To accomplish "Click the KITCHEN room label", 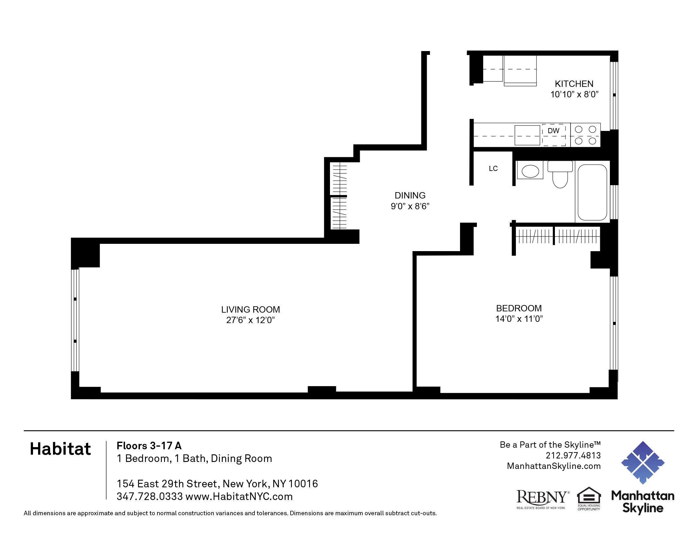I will (x=574, y=84).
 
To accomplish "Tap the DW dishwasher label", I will (x=553, y=131).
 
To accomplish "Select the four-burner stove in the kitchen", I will (x=585, y=135).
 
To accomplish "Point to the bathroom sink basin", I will (x=530, y=171).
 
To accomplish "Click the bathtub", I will (x=592, y=192).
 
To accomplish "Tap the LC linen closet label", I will (x=493, y=169).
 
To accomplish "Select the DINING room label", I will (x=410, y=195).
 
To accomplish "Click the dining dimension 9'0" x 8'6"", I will (x=410, y=206).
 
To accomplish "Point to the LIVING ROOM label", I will (x=250, y=309).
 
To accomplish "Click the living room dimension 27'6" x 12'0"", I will (x=250, y=320).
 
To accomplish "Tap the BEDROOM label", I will (x=519, y=308).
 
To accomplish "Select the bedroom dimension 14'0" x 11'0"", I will (x=519, y=319).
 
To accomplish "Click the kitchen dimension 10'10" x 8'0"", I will (x=574, y=94).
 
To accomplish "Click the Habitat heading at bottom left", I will (x=60, y=449).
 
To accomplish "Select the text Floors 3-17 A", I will (x=149, y=445).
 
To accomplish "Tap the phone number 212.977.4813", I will (x=573, y=455).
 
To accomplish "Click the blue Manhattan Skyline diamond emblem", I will (x=642, y=462).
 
